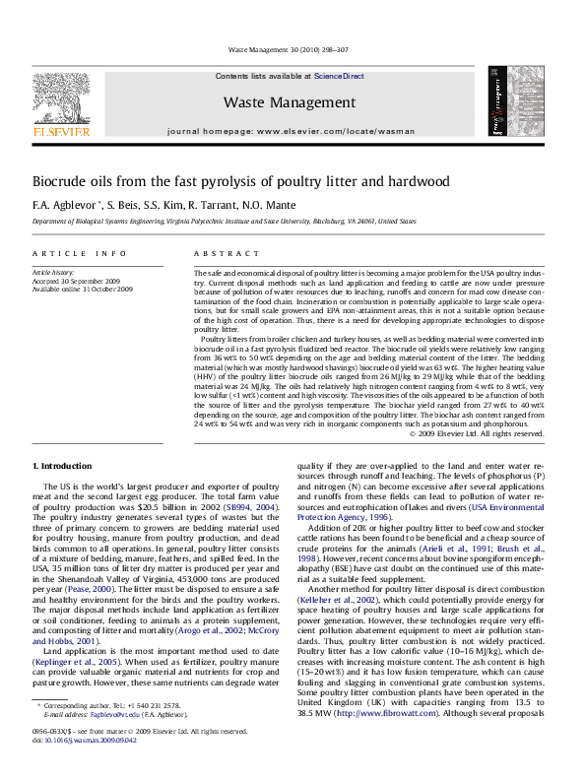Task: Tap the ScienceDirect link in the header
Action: click(x=340, y=76)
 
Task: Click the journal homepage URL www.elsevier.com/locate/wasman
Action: click(x=344, y=131)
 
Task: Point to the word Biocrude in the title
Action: click(x=63, y=182)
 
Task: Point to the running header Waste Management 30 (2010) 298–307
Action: click(x=293, y=48)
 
